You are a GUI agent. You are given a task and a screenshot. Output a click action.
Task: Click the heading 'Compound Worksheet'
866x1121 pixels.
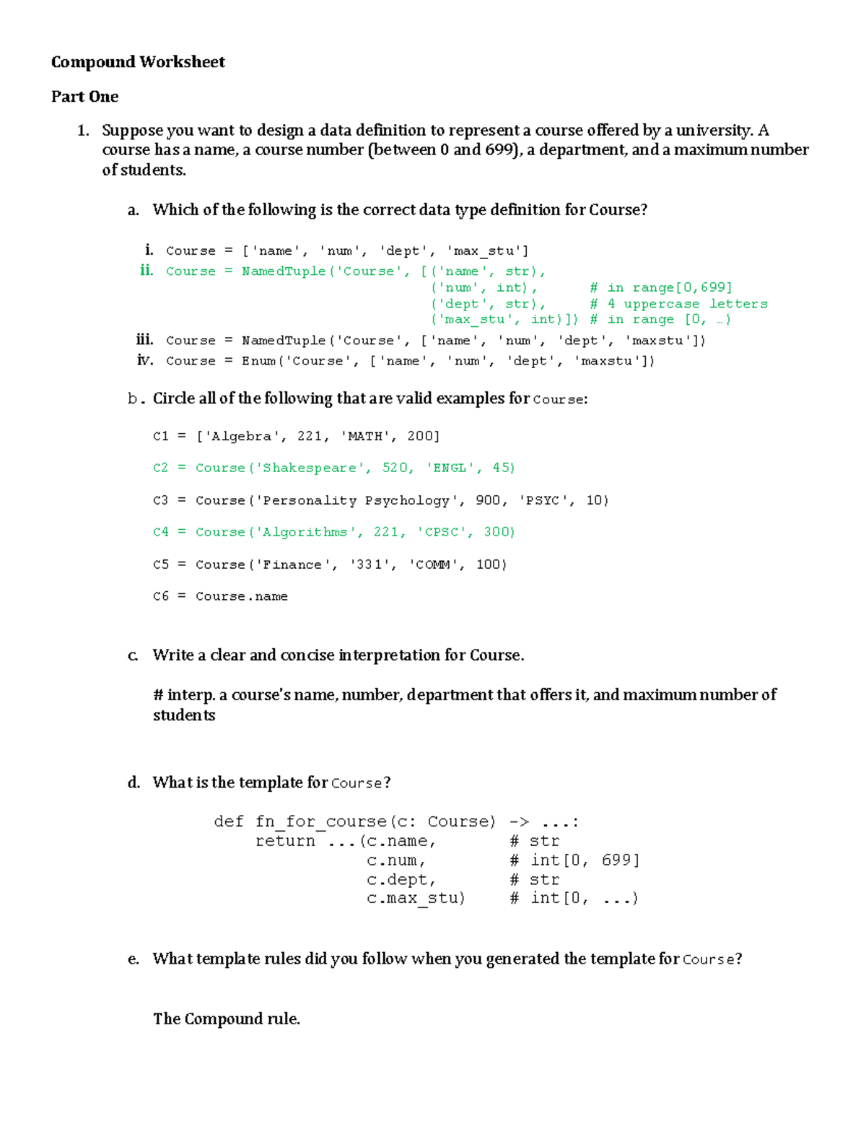point(138,62)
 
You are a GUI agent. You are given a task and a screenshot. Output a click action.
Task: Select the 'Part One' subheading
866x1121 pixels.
point(84,97)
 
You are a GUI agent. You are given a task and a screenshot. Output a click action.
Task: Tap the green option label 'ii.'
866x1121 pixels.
point(146,271)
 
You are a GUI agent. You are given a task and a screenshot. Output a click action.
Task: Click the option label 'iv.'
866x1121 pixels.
point(145,360)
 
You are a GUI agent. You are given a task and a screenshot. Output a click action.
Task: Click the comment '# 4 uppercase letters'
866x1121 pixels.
point(678,304)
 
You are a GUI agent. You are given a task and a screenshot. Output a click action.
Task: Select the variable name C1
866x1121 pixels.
point(160,436)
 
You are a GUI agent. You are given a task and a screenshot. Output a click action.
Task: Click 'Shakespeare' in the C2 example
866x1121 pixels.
point(310,468)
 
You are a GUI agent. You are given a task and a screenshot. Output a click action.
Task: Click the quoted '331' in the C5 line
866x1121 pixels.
point(369,564)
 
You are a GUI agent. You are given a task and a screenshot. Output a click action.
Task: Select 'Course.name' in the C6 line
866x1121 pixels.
point(242,596)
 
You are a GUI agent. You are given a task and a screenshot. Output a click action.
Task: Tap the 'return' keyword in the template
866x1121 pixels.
point(285,841)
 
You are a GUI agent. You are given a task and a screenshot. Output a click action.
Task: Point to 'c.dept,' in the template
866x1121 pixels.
point(401,880)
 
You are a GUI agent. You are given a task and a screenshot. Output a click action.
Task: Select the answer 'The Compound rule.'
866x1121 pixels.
point(227,1019)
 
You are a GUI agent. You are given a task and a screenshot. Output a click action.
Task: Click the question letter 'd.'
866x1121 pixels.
point(134,782)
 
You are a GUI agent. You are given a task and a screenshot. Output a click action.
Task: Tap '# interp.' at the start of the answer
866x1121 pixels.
point(184,695)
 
